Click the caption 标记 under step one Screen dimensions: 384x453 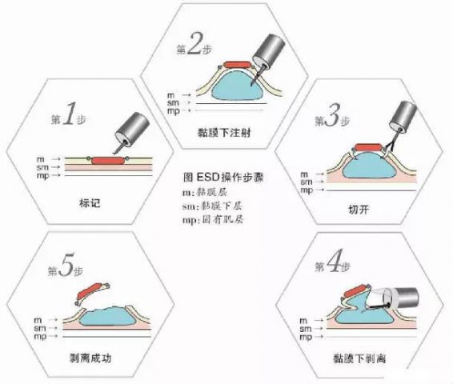90,203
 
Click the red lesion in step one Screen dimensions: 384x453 108,161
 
